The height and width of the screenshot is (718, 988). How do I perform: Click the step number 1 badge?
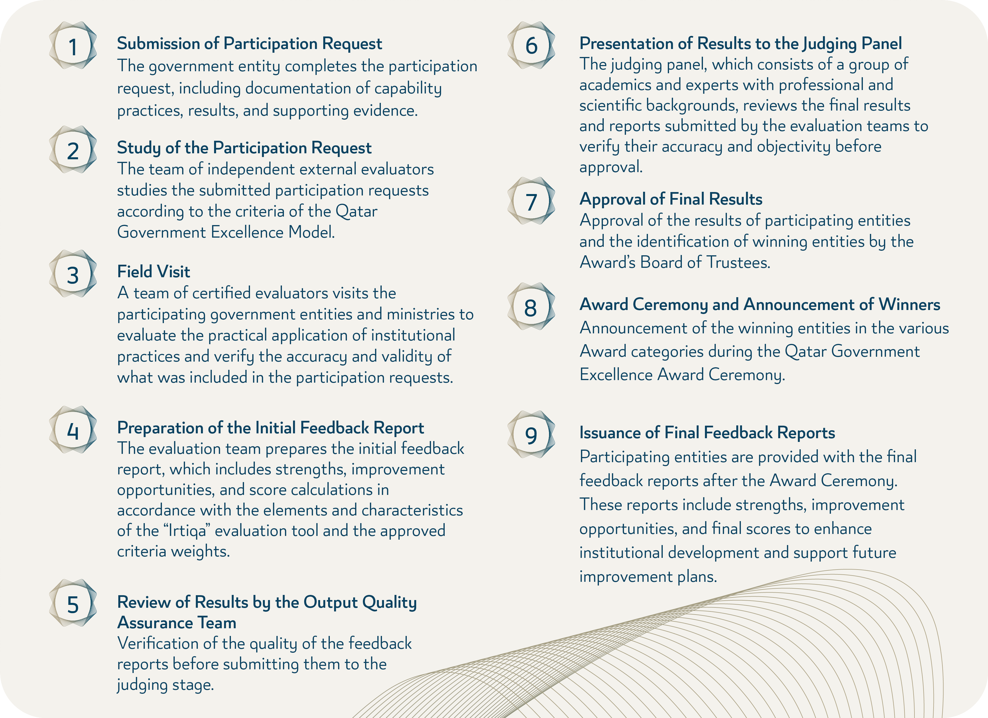(x=73, y=46)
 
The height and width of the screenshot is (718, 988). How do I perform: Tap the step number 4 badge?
(x=73, y=430)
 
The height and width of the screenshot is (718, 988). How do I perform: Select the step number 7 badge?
(x=531, y=201)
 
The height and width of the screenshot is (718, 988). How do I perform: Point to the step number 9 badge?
(x=531, y=435)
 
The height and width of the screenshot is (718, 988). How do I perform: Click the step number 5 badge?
(x=73, y=603)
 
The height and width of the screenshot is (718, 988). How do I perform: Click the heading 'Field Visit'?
(x=153, y=272)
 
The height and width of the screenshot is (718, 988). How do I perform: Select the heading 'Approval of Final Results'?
(x=670, y=199)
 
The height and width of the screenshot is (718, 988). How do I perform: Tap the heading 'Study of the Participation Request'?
(x=244, y=148)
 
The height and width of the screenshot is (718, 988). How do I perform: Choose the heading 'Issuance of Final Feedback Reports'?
(x=707, y=433)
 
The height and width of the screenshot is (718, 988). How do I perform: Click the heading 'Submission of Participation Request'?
(x=249, y=44)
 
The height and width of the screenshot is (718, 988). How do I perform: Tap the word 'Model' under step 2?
(x=311, y=232)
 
